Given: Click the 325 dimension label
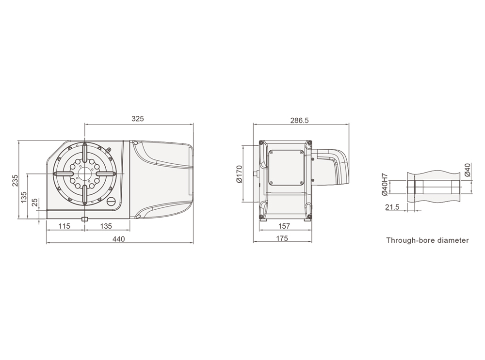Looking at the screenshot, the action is pyautogui.click(x=138, y=119).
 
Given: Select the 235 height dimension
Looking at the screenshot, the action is pyautogui.click(x=15, y=180).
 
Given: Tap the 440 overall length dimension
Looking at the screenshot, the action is pyautogui.click(x=119, y=239).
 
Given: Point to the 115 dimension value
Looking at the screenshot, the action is pyautogui.click(x=65, y=226).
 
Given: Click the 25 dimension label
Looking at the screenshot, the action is pyautogui.click(x=35, y=203).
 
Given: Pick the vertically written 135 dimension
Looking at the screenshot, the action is pyautogui.click(x=24, y=198).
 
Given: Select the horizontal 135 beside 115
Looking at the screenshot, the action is pyautogui.click(x=106, y=226).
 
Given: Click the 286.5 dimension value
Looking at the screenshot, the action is pyautogui.click(x=299, y=120).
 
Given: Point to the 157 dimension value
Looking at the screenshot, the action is pyautogui.click(x=284, y=226).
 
